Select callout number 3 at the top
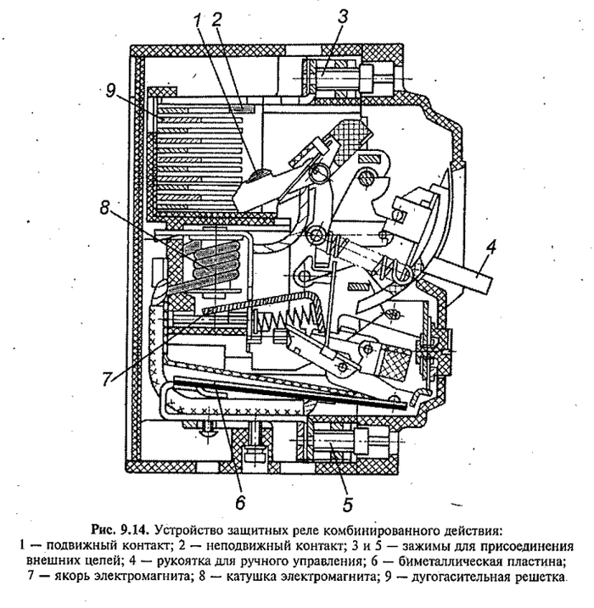[343, 18]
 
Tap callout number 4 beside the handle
[490, 248]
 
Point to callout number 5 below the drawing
[348, 504]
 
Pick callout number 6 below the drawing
[240, 502]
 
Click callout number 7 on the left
[108, 379]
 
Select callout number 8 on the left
[105, 209]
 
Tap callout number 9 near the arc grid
[110, 92]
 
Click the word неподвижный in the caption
[243, 546]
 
